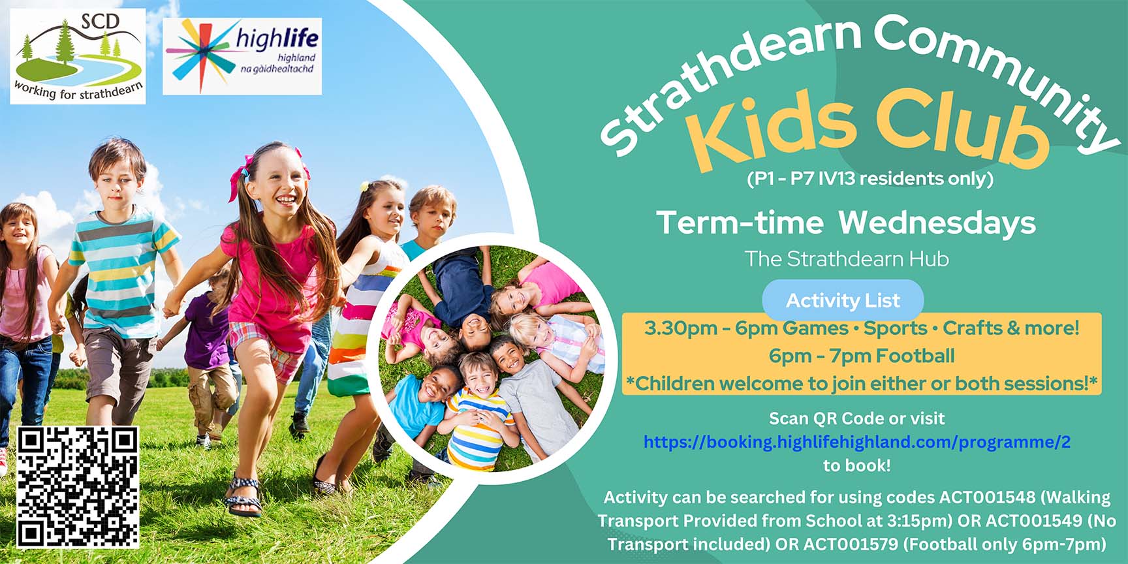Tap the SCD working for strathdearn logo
click(78, 56)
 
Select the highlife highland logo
click(242, 56)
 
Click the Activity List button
click(843, 300)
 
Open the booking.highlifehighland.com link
click(856, 442)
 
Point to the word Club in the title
click(960, 127)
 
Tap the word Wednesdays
click(937, 223)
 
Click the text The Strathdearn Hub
click(847, 259)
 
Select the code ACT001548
click(987, 497)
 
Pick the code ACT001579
click(851, 544)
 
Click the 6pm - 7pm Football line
click(862, 356)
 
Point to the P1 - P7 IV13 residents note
click(869, 178)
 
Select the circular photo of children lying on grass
click(491, 358)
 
